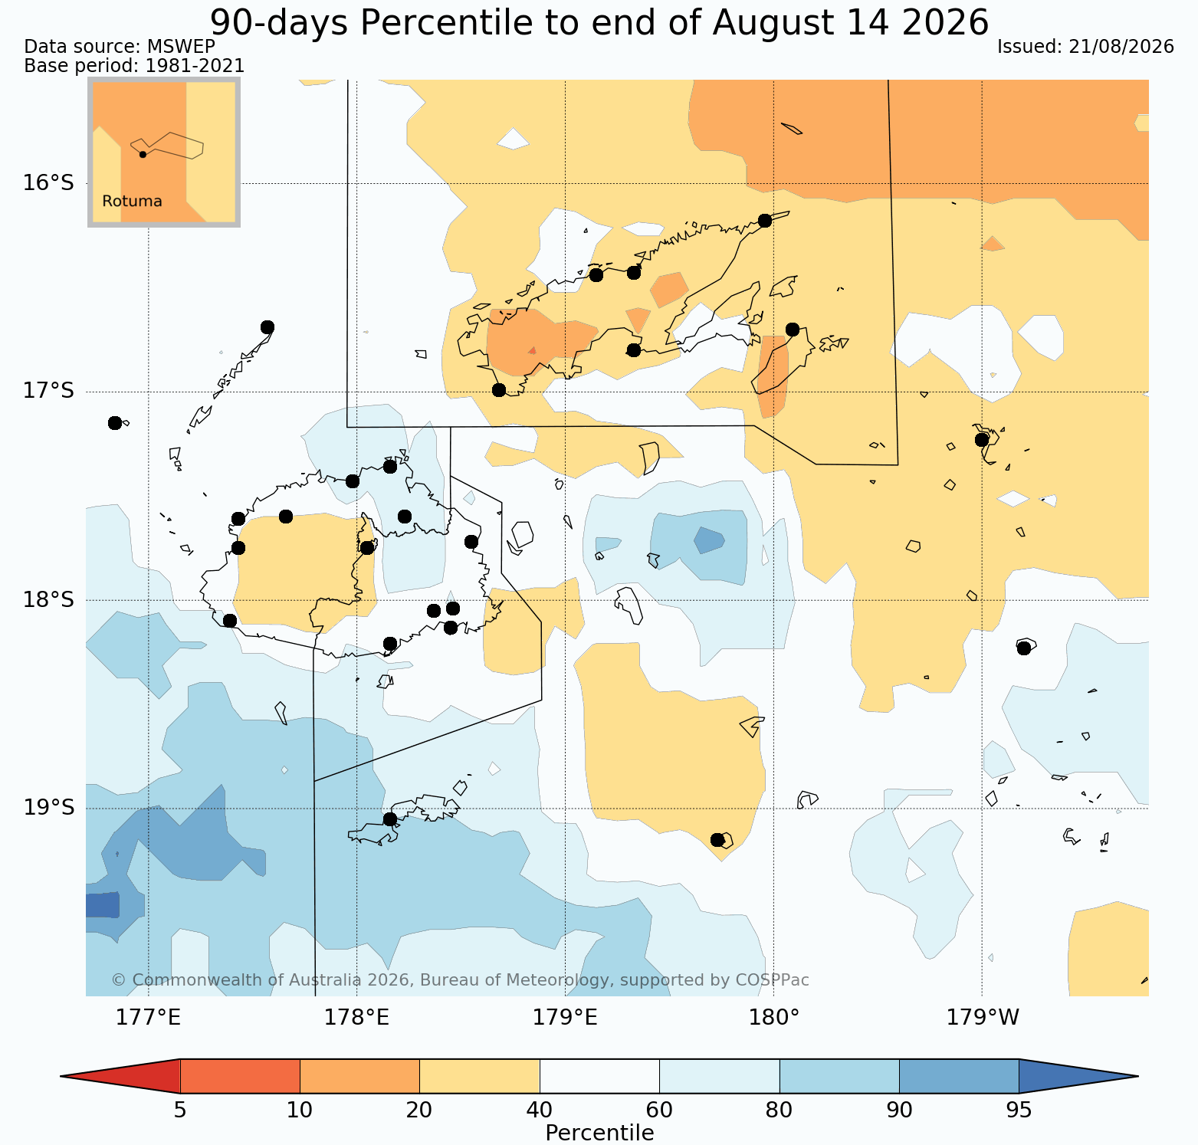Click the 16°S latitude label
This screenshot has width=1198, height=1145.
coord(48,183)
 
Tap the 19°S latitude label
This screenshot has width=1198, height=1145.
coord(48,808)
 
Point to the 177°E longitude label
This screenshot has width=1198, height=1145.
coord(149,1018)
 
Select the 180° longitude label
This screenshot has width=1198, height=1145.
coord(774,1018)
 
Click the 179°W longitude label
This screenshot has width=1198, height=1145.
coord(983,1018)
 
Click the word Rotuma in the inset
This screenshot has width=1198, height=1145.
coord(132,202)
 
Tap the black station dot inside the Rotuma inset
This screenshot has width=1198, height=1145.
coord(143,154)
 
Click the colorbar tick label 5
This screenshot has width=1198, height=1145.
coord(180,1111)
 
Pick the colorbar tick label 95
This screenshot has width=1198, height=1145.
coord(1019,1111)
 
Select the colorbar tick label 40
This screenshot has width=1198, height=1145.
coord(540,1111)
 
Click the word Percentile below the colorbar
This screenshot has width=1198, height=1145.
coord(599,1133)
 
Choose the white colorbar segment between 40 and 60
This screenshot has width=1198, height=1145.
coord(599,1076)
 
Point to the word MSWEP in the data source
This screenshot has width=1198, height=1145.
coord(184,47)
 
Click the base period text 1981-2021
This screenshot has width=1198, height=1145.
coord(195,66)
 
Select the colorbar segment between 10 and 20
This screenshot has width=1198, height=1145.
coord(359,1076)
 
